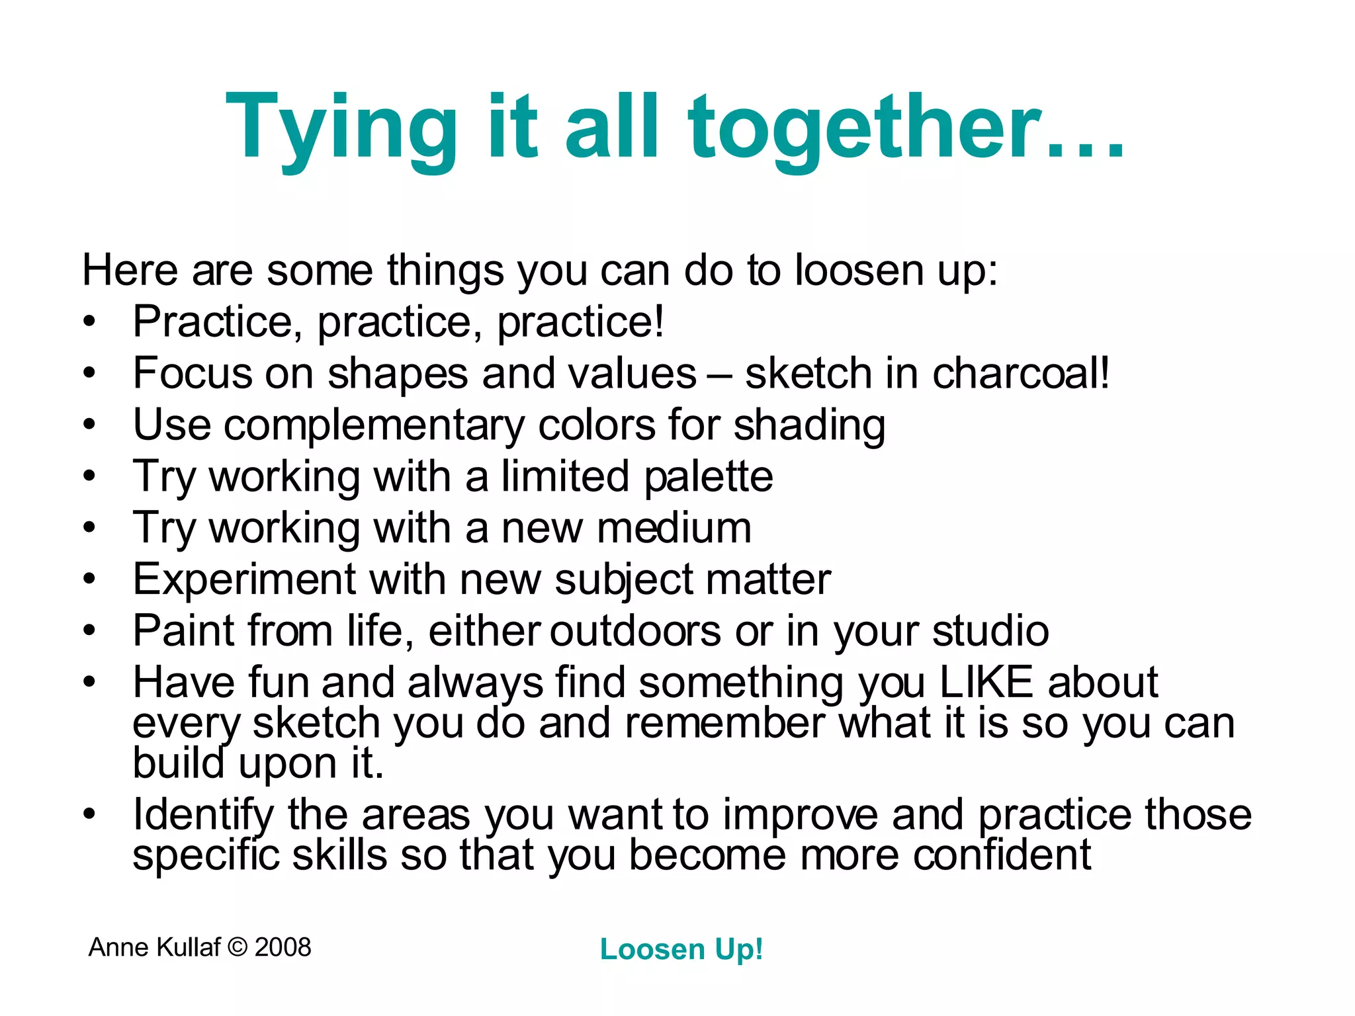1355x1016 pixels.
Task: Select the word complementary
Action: click(374, 425)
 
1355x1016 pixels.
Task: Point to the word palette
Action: click(709, 477)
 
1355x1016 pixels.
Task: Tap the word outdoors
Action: click(635, 630)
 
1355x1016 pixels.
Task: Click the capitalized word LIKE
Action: click(986, 682)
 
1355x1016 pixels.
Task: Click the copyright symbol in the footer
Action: click(237, 947)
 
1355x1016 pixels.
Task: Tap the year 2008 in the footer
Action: click(283, 947)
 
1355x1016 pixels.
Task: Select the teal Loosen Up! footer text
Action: click(681, 949)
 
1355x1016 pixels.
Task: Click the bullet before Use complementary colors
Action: click(90, 425)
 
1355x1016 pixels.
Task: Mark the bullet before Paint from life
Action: click(90, 630)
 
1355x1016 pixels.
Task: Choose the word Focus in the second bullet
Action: click(193, 373)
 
